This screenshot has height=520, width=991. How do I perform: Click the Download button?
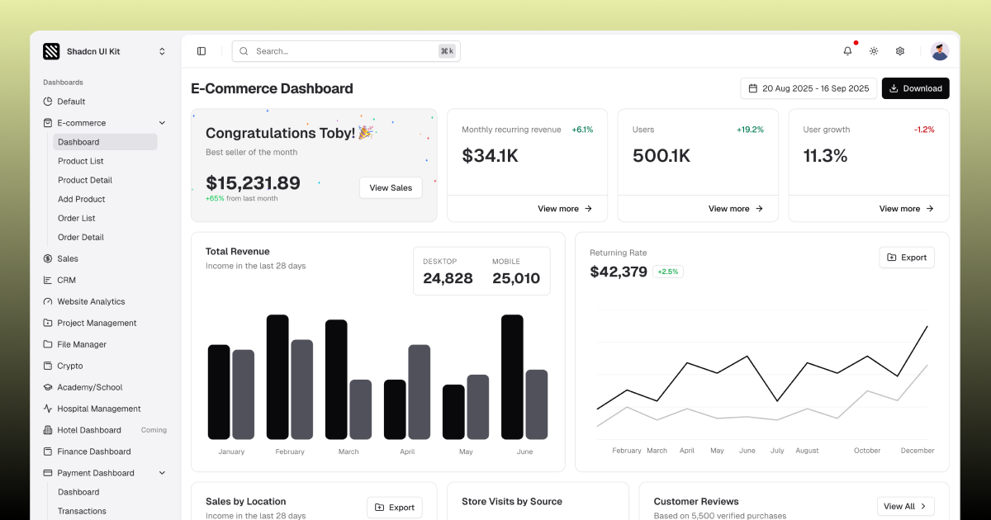click(x=915, y=88)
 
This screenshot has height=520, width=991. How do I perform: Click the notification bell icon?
click(x=847, y=51)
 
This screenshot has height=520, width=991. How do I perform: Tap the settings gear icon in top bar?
click(x=899, y=51)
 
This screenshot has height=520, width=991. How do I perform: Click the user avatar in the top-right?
click(x=940, y=51)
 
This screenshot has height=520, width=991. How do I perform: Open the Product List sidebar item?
click(x=81, y=161)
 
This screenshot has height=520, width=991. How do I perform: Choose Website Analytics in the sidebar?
click(x=91, y=301)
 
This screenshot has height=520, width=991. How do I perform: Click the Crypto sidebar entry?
click(x=70, y=366)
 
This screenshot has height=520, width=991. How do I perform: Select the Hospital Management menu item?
click(x=98, y=409)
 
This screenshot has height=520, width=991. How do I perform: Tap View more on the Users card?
click(x=736, y=209)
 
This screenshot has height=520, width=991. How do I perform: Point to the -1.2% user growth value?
click(x=924, y=130)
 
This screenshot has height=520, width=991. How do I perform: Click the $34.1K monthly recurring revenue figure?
click(x=490, y=155)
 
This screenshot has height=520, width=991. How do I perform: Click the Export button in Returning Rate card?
click(x=906, y=258)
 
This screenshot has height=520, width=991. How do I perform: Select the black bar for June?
click(x=512, y=377)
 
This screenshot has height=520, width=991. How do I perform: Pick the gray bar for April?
click(x=419, y=392)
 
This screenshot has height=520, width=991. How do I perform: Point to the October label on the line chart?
click(x=867, y=451)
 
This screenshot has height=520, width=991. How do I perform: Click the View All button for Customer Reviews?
click(x=905, y=506)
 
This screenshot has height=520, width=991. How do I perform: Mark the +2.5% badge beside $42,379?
click(x=667, y=272)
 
